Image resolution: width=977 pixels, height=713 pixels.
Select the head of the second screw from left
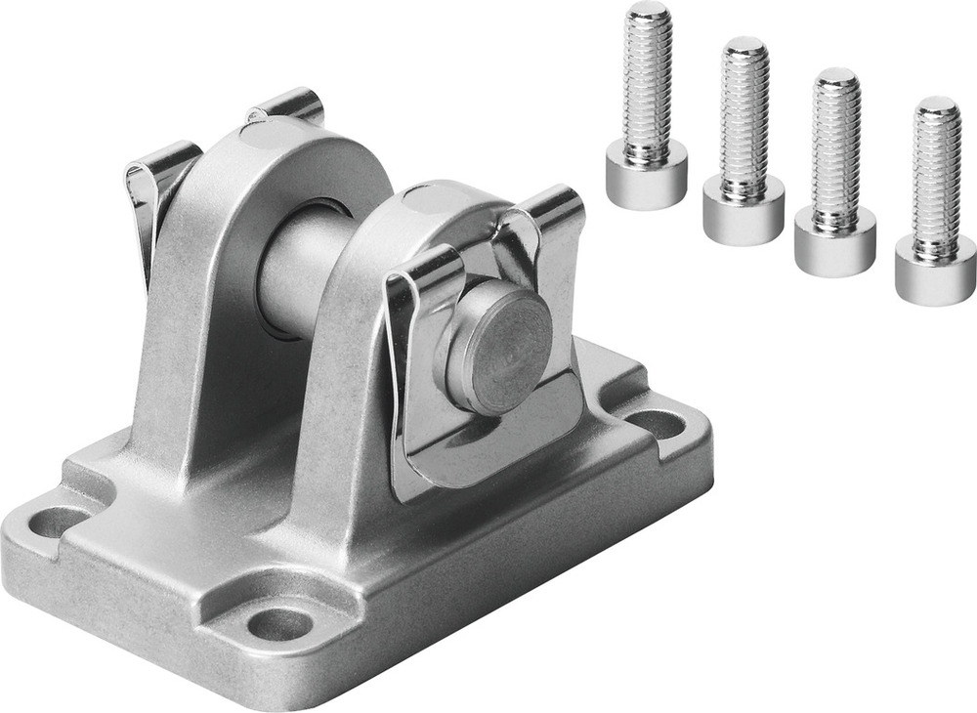(x=743, y=210)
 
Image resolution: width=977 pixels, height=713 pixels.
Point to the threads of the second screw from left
(x=745, y=117)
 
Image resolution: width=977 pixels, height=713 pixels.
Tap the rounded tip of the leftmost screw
(x=648, y=12)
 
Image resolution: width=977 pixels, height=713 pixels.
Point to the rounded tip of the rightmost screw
(x=938, y=105)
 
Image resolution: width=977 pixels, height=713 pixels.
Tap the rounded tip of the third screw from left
(x=837, y=76)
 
